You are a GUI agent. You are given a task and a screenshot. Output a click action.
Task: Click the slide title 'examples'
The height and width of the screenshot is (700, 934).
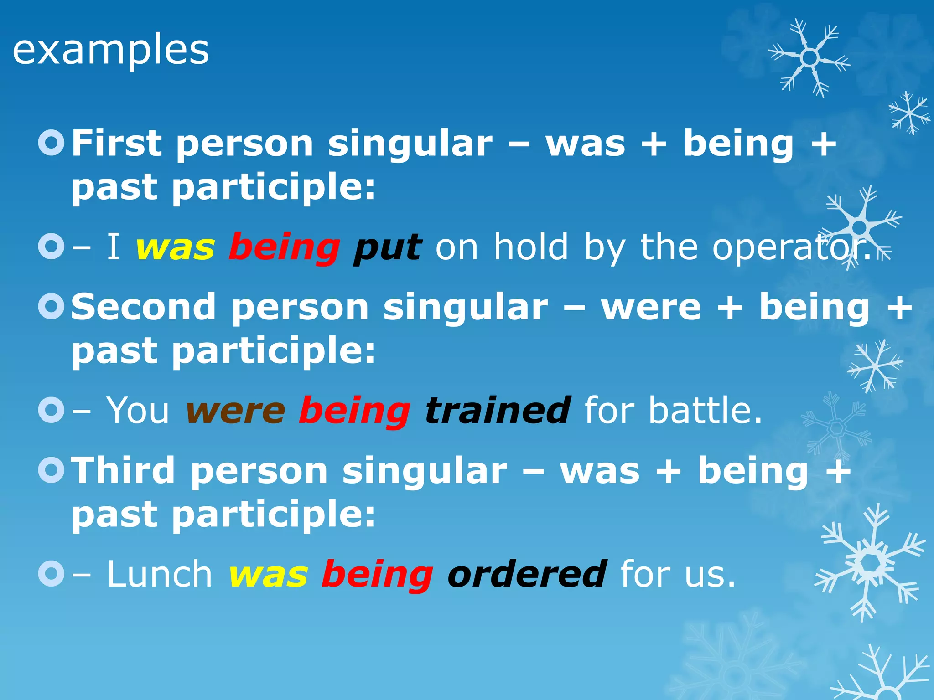111,50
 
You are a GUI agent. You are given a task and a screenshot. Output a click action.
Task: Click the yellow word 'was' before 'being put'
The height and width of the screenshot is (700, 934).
176,248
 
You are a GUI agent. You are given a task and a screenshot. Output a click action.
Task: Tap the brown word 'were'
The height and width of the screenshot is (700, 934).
236,412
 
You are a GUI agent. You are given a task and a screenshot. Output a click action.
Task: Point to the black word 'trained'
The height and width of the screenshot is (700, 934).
498,411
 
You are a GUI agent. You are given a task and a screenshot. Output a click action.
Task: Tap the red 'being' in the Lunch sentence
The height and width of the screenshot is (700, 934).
377,575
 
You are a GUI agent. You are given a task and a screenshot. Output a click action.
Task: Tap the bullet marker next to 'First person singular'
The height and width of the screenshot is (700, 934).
52,143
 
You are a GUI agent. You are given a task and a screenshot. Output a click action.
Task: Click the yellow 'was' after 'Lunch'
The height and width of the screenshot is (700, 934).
269,575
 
